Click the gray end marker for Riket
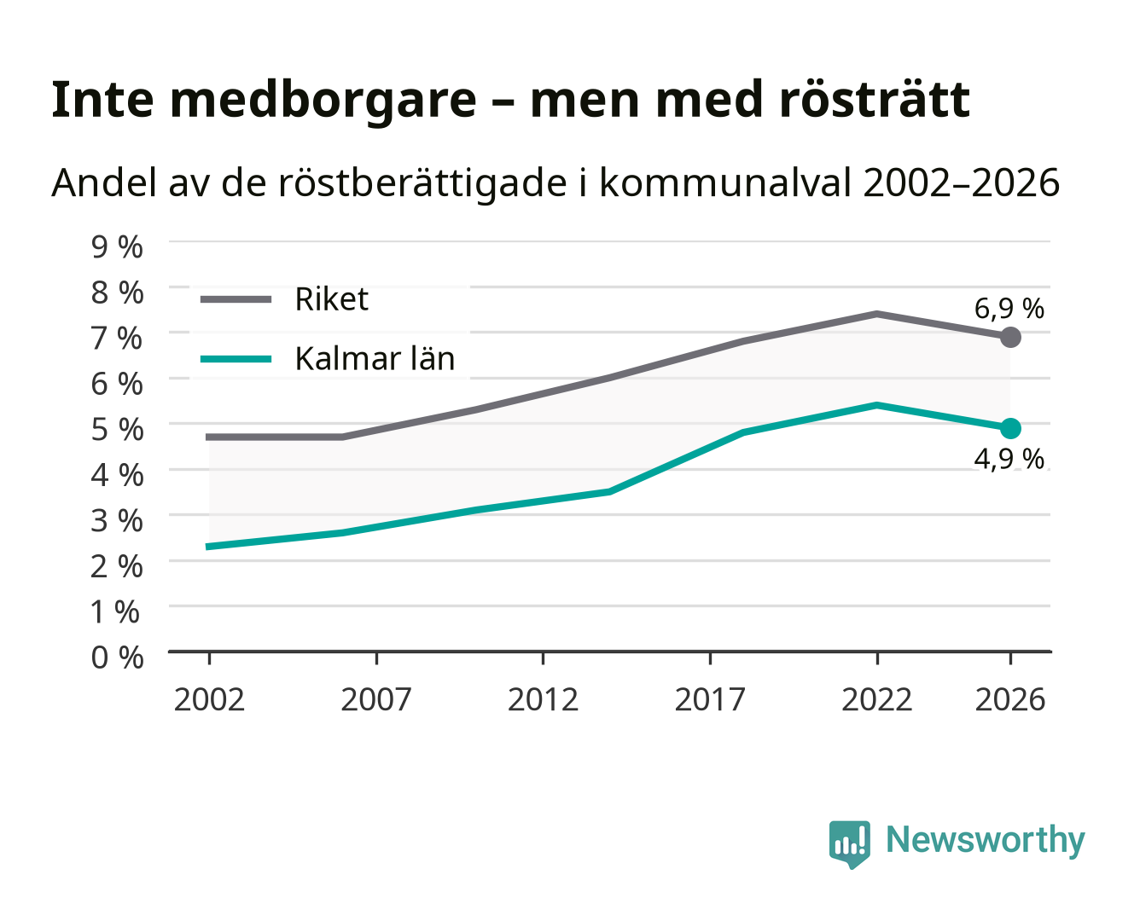[1010, 337]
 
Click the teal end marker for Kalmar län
[1010, 428]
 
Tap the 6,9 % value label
[1009, 309]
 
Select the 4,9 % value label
[1009, 459]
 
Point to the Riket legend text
[331, 298]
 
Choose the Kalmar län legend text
[375, 358]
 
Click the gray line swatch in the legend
[236, 299]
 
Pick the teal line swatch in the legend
[236, 359]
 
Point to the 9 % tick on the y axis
[117, 247]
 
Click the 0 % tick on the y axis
[117, 657]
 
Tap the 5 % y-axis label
[117, 430]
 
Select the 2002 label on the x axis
[209, 699]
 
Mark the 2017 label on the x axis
[710, 699]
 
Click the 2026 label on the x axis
[1010, 699]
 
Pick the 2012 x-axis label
[543, 699]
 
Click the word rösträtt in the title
[875, 100]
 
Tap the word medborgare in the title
[323, 101]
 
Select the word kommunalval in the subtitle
[724, 182]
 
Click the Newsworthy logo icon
[849, 844]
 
